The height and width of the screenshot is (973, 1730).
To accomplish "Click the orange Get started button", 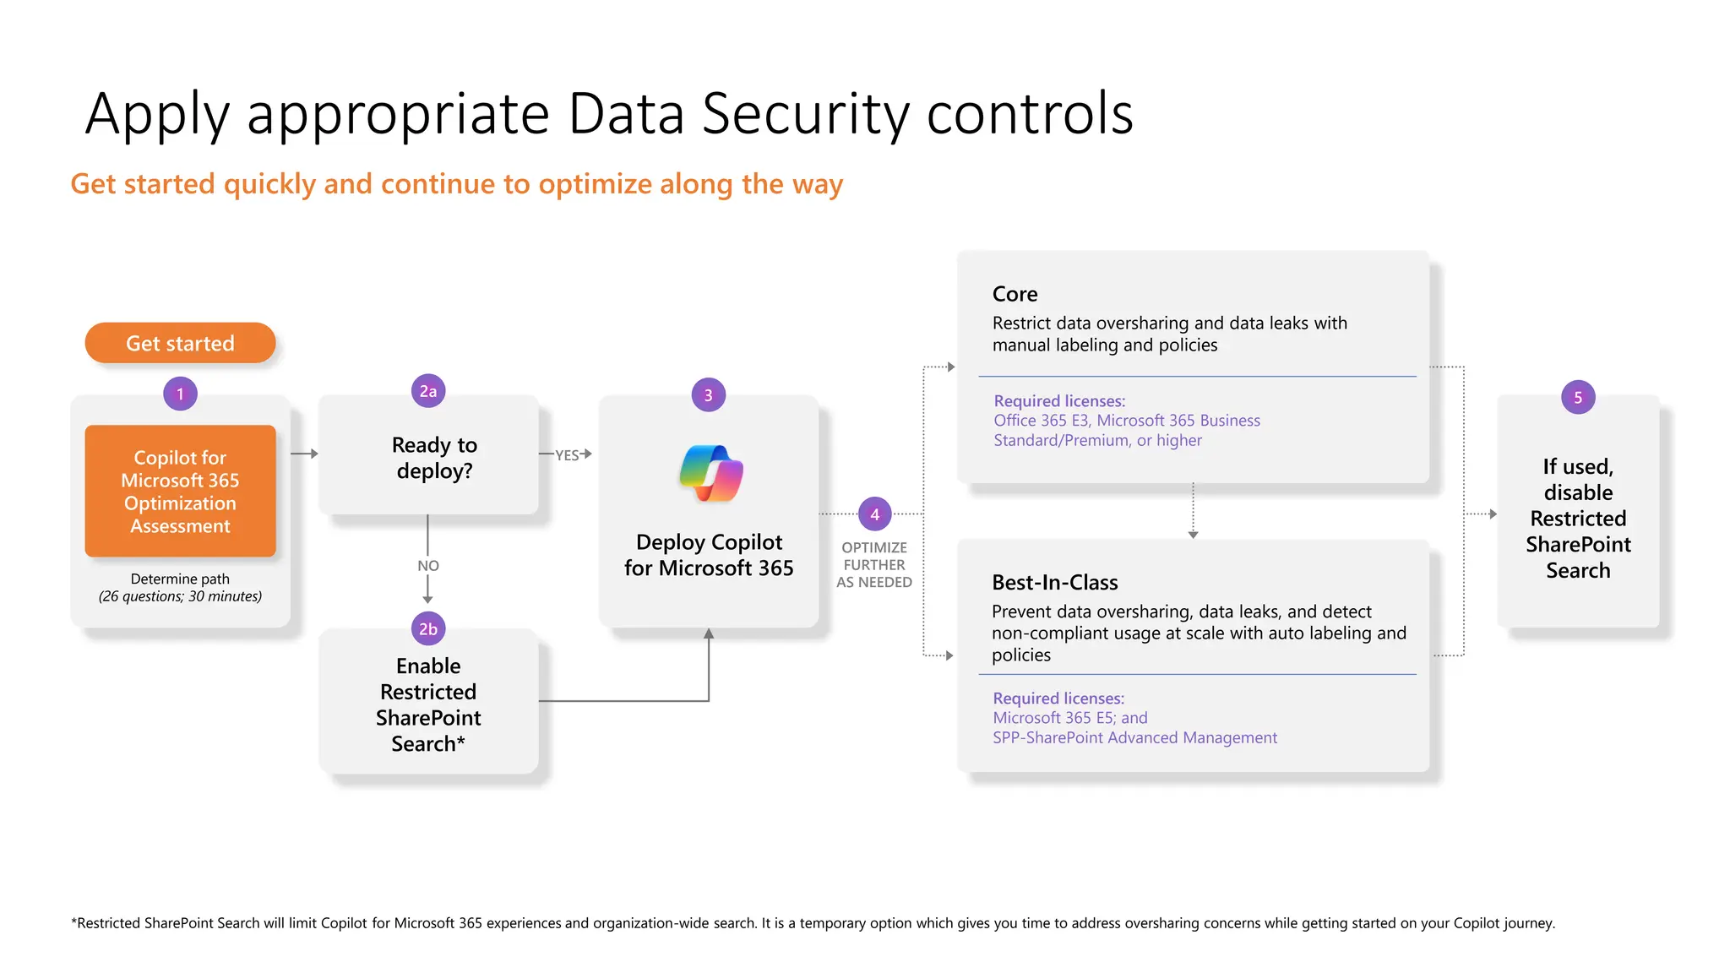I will [x=180, y=343].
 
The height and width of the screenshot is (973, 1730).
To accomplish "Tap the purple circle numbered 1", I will [x=180, y=394].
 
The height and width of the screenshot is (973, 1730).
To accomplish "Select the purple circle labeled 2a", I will [x=428, y=391].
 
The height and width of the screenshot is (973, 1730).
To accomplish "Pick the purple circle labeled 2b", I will [x=428, y=629].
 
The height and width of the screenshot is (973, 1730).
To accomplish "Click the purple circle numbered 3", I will [x=708, y=395].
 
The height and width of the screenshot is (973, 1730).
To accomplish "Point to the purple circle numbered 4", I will [x=874, y=514].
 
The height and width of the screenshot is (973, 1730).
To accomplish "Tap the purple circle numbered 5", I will [x=1577, y=398].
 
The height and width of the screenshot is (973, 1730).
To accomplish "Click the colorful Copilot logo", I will [x=710, y=473].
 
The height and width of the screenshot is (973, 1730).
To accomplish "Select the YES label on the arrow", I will [x=567, y=455].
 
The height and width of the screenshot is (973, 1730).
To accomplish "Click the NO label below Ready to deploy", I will [x=428, y=566].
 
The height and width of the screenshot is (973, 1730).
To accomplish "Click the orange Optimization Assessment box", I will [x=180, y=491].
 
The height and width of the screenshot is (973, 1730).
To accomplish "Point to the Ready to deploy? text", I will [x=434, y=457].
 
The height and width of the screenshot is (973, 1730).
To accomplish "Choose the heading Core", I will [x=1015, y=294].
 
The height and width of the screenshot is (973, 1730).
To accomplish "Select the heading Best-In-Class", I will [x=1054, y=583].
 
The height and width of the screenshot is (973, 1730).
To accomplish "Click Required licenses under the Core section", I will [x=1059, y=401].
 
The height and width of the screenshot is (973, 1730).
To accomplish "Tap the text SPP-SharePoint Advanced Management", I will [x=1134, y=738].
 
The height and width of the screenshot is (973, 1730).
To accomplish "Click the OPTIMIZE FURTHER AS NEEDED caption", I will [x=874, y=565].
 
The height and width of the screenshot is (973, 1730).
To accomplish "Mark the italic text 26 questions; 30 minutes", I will [x=180, y=596].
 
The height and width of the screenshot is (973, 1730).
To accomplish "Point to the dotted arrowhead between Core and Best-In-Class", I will [x=1193, y=535].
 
